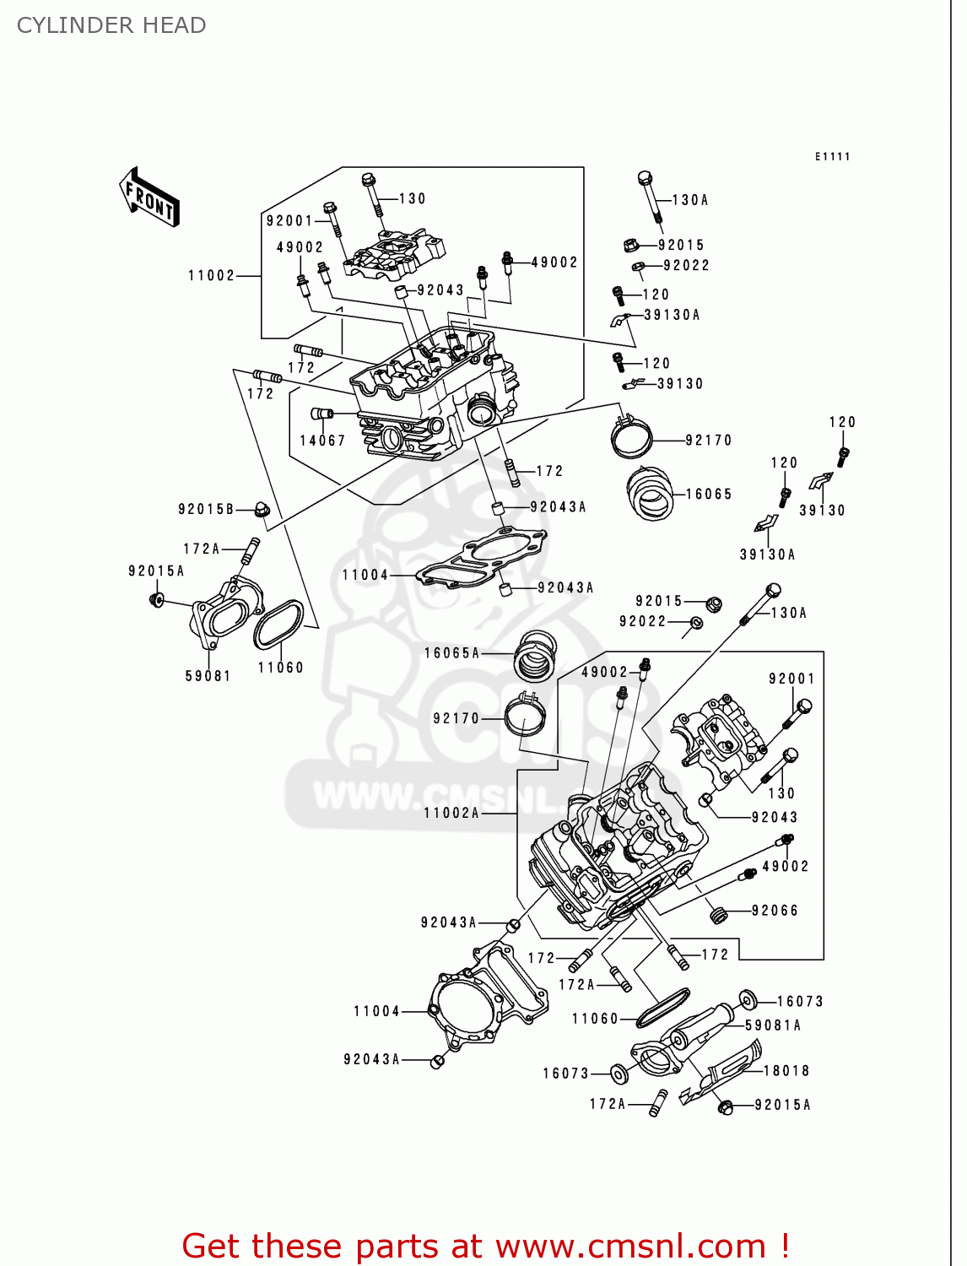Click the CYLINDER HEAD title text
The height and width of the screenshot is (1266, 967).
pos(111,25)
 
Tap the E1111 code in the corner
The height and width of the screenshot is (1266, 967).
pos(832,156)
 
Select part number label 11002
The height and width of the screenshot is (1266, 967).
pos(211,276)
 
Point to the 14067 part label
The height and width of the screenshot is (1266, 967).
pos(322,441)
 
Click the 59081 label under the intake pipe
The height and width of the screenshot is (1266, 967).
pos(208,676)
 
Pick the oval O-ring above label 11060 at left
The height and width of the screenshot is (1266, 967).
pos(278,625)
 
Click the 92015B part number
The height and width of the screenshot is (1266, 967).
pos(206,510)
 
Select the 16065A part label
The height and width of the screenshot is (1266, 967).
pos(451,653)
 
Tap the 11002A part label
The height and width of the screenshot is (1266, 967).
pos(451,813)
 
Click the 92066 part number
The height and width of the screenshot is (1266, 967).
pos(775,911)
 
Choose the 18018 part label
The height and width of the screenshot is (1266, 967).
pos(786,1071)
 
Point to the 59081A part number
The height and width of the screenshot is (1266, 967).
pos(773,1025)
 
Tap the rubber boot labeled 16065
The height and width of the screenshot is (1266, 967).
pos(650,494)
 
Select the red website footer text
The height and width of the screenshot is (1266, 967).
pos(485,1246)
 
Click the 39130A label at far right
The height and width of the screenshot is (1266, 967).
pos(767,555)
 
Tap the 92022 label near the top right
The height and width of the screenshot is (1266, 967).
pos(686,266)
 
